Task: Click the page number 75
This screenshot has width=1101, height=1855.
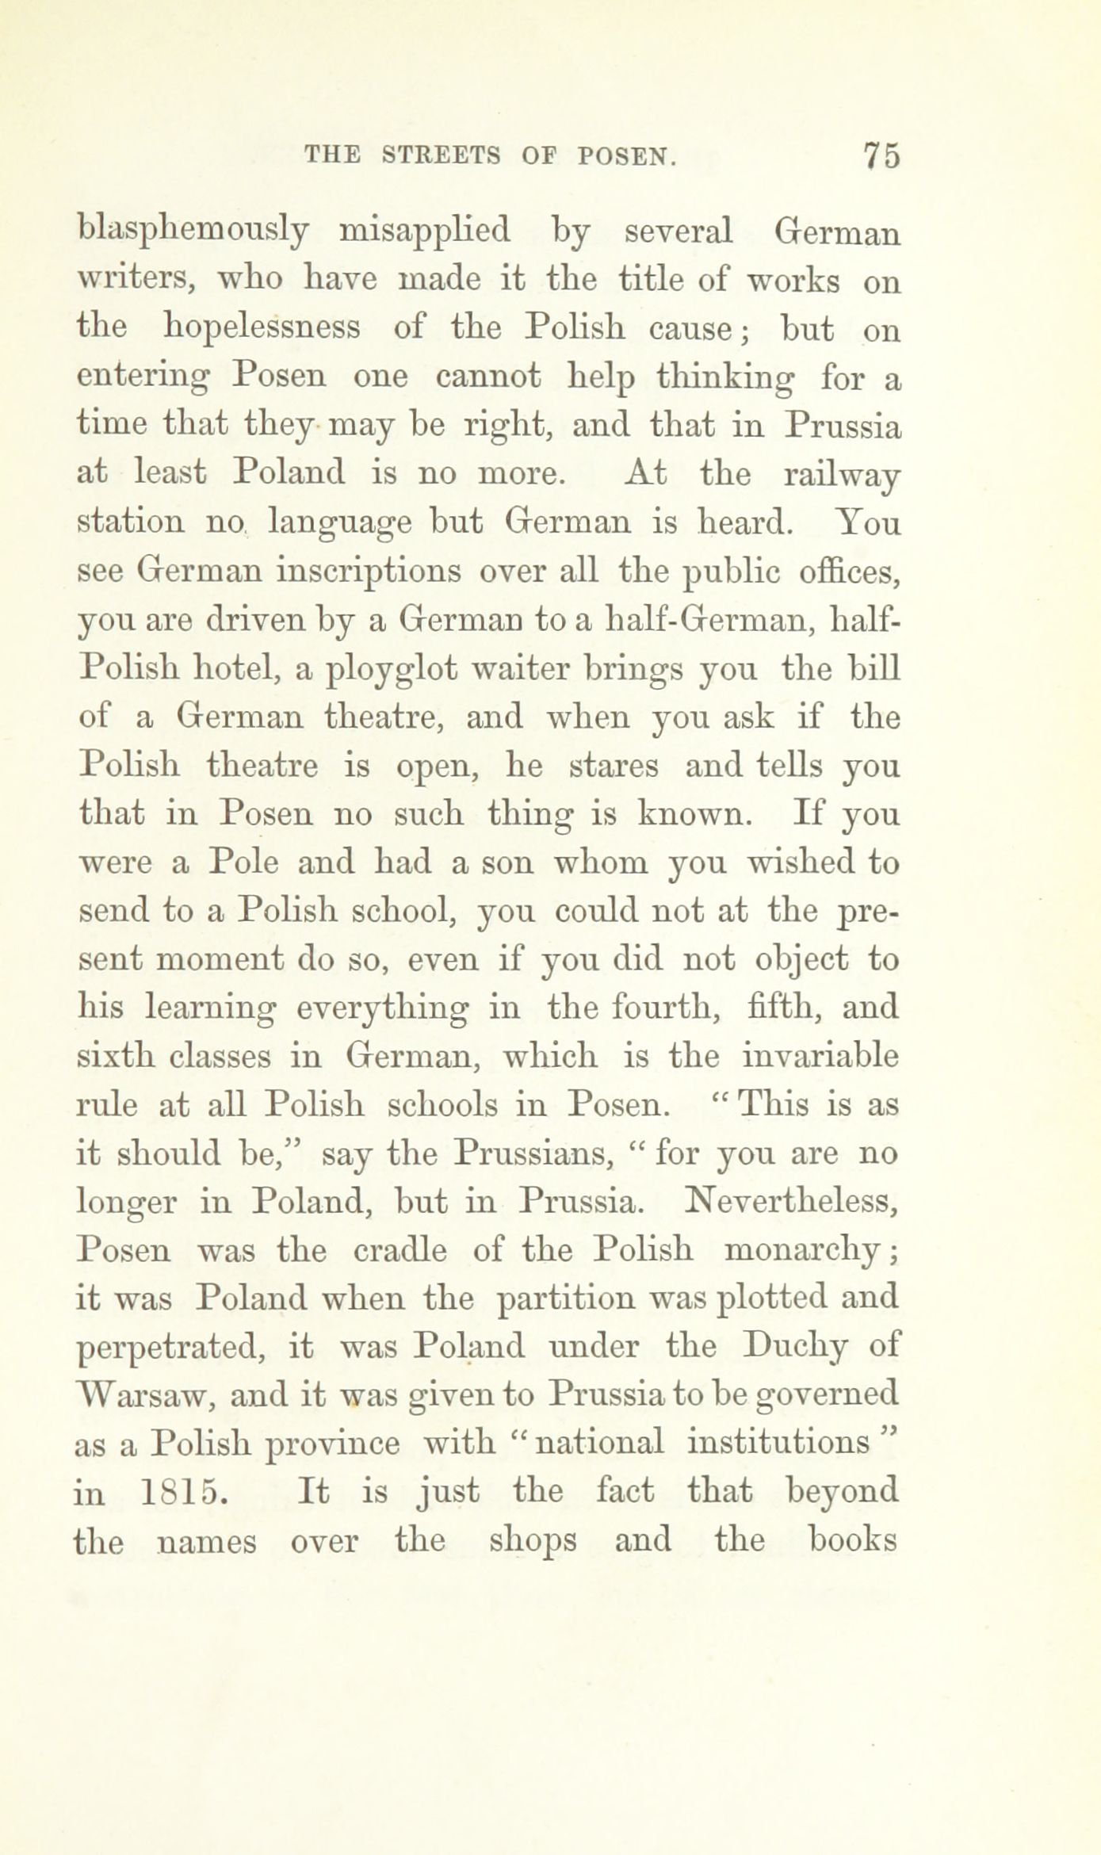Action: (881, 155)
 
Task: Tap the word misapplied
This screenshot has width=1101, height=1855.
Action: (425, 232)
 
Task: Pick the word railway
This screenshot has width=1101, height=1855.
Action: (840, 476)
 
